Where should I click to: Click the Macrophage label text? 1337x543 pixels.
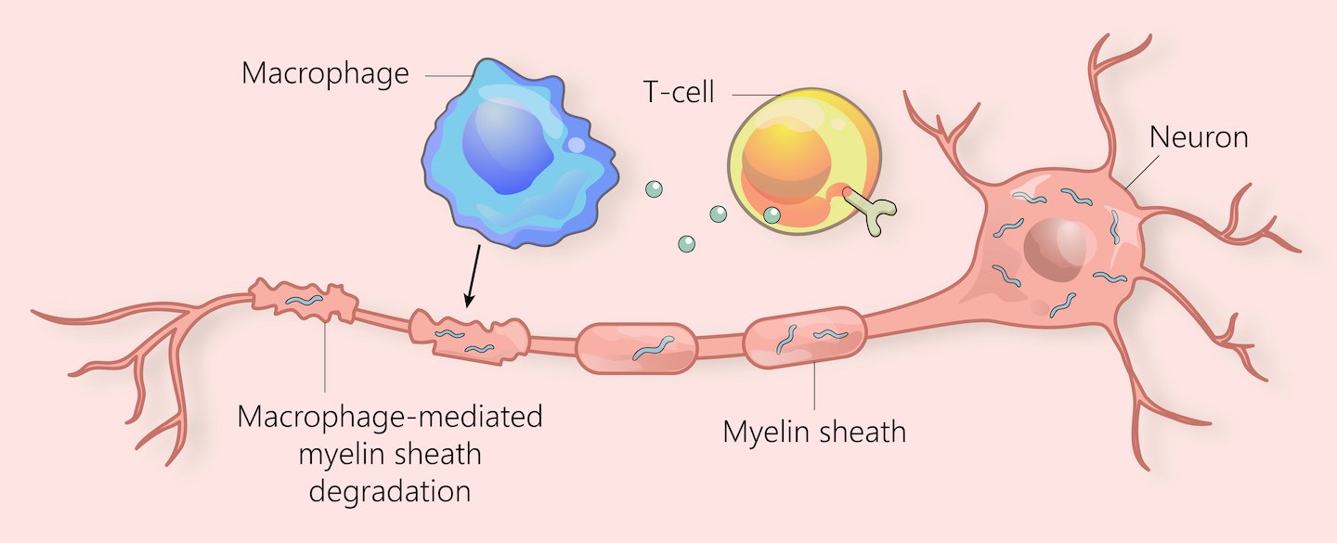click(325, 74)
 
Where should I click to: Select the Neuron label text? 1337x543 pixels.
click(1199, 137)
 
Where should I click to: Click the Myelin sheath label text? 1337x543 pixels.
click(814, 432)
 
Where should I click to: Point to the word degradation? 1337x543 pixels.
click(390, 491)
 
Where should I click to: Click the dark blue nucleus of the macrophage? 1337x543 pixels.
click(508, 148)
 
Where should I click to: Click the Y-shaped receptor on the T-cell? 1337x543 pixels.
click(871, 211)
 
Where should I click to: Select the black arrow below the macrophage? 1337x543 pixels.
click(473, 276)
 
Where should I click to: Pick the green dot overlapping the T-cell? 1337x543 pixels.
click(772, 214)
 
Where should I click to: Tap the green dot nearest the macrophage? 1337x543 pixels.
click(655, 189)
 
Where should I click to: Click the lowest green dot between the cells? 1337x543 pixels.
click(686, 243)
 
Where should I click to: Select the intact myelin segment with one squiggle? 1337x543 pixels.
click(637, 348)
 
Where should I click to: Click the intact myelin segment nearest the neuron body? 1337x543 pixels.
click(805, 337)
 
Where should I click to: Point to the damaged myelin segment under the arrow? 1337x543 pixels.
click(469, 336)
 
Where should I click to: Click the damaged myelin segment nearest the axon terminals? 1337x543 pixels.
click(304, 300)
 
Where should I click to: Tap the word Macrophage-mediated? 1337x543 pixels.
click(390, 417)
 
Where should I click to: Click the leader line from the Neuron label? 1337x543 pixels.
click(1142, 173)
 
